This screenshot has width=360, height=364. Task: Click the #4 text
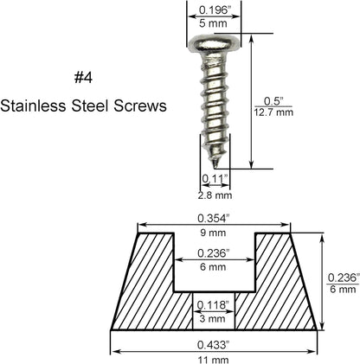tap(84, 78)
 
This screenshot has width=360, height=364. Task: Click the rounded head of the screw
tap(213, 43)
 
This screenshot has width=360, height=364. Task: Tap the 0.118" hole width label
tap(214, 304)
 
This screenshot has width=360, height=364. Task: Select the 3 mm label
tap(214, 319)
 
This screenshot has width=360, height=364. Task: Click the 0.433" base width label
tap(214, 343)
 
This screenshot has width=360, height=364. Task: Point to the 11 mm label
tap(214, 358)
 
